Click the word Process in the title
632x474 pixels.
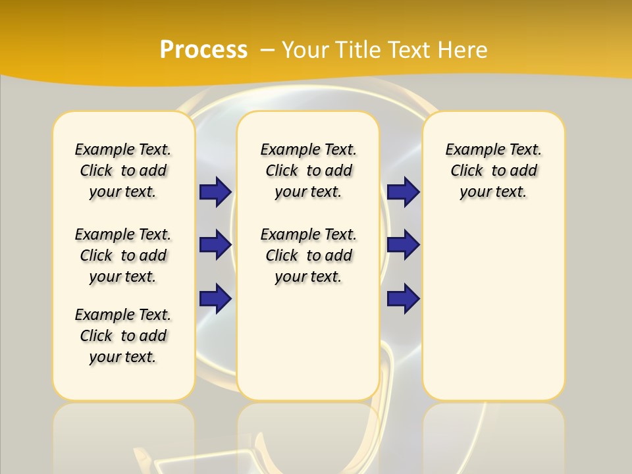203,50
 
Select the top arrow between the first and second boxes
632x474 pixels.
215,192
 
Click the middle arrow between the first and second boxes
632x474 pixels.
215,245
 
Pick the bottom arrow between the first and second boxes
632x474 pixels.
215,299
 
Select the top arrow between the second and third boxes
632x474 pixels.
404,192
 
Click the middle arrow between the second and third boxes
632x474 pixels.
404,245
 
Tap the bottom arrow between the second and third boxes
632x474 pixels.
404,299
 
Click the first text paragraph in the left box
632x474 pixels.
123,171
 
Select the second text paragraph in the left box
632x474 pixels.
123,255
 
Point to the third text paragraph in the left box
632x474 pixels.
123,336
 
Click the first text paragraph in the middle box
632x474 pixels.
308,171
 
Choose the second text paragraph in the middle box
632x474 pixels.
308,255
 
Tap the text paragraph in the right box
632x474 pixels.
494,171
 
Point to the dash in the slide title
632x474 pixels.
267,50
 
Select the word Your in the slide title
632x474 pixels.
306,50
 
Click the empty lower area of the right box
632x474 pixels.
494,316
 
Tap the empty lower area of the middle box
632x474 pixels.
308,342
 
